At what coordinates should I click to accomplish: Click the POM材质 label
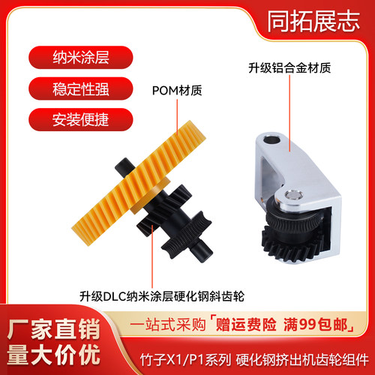[x=177, y=92]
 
